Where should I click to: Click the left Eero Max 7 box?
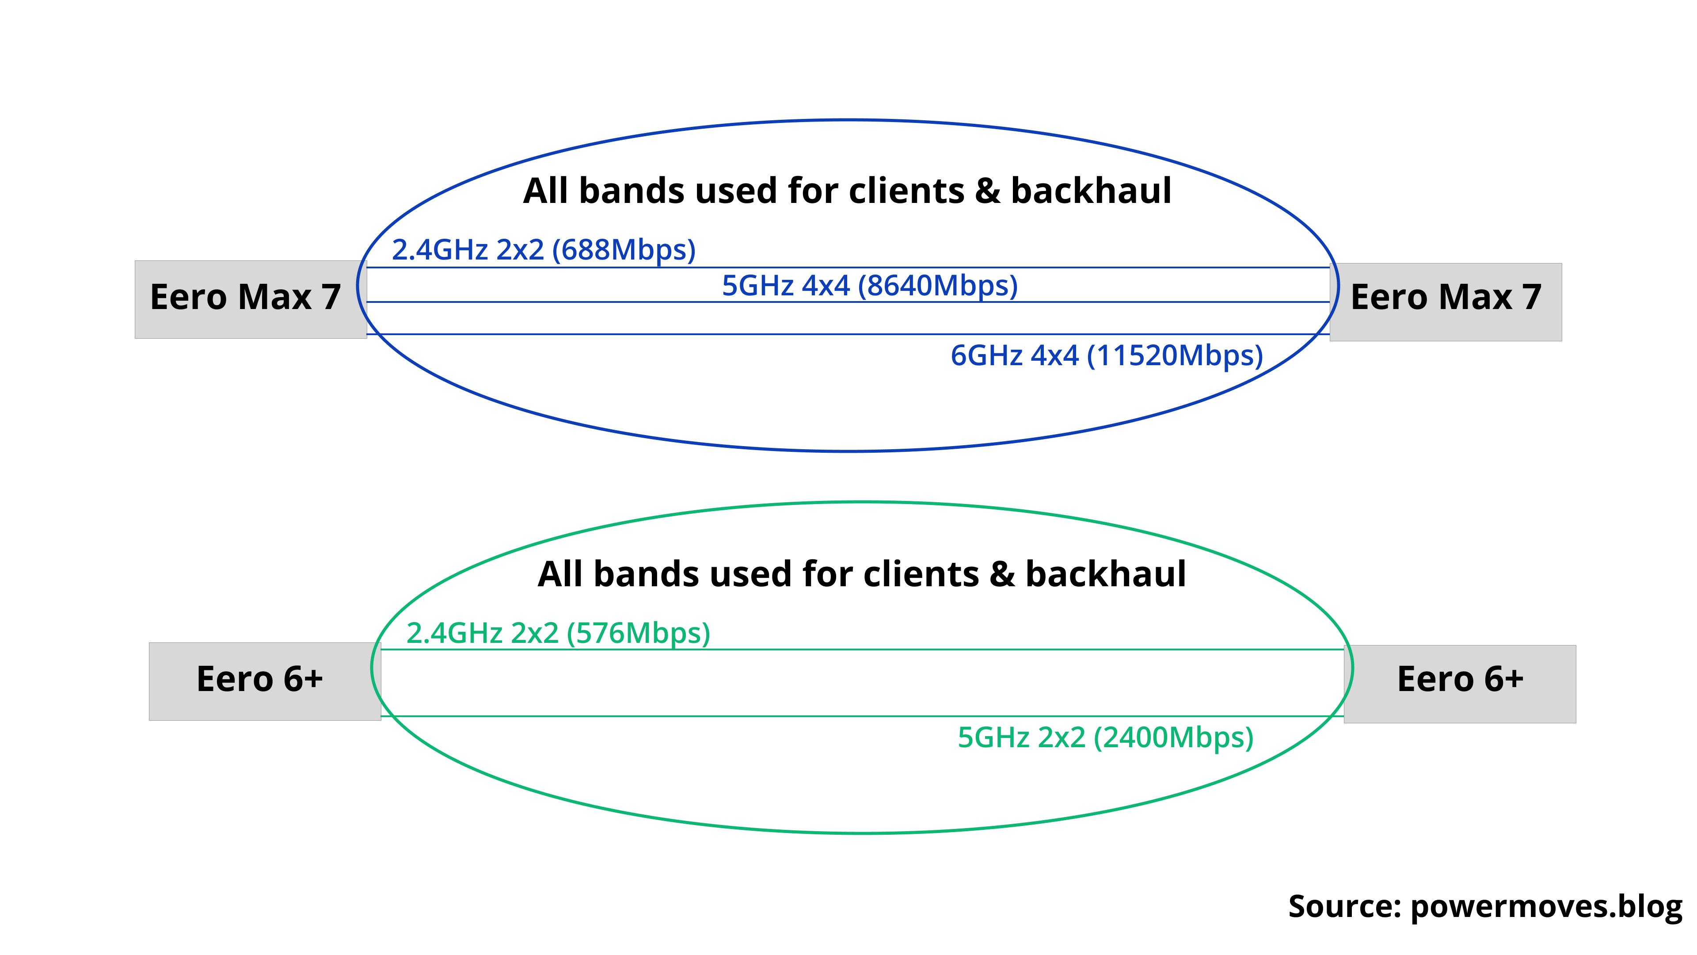click(x=250, y=299)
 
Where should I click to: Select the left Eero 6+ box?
click(x=264, y=681)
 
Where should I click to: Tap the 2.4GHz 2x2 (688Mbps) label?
click(x=544, y=250)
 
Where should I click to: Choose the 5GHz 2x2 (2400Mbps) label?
click(x=1105, y=737)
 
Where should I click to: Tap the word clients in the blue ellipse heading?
click(x=906, y=191)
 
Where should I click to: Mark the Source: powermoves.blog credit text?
click(x=1485, y=907)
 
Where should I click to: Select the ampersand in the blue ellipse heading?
click(x=986, y=191)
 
